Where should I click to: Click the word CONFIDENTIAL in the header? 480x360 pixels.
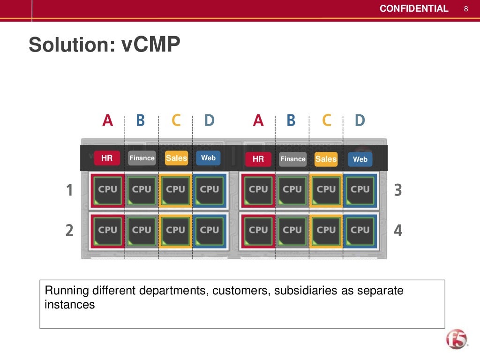point(413,9)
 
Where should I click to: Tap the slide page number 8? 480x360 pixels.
point(466,9)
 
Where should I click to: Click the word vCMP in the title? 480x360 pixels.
point(151,45)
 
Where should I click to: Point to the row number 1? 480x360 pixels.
point(69,190)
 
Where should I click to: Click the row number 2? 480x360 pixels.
point(69,231)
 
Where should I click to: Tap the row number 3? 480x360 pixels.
point(397,190)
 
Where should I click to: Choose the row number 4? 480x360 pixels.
point(397,231)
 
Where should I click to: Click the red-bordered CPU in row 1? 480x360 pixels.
point(108,189)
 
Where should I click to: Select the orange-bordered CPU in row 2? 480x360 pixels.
point(175,230)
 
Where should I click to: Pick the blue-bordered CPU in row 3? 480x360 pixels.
point(360,189)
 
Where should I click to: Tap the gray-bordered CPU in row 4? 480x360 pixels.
point(292,230)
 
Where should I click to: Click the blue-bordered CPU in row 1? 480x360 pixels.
point(209,189)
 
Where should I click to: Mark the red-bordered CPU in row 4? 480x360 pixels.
point(258,230)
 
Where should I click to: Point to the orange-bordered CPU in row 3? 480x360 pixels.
point(326,189)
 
